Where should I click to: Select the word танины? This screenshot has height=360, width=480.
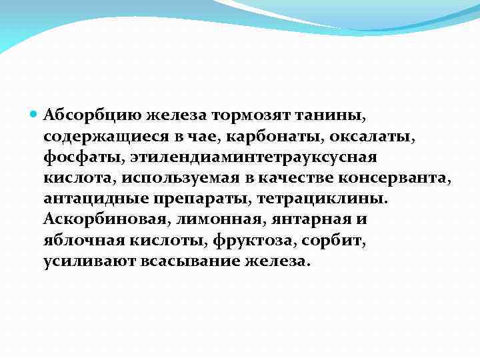click(319, 116)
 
